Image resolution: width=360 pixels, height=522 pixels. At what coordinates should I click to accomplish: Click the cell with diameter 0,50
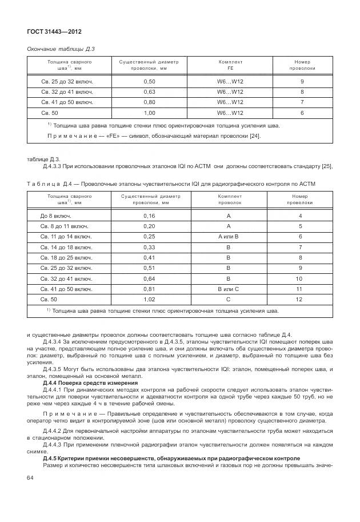tap(150, 82)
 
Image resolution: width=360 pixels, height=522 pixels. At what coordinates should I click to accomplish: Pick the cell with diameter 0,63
tap(150, 91)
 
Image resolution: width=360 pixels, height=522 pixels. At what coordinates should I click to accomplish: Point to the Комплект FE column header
tap(230, 64)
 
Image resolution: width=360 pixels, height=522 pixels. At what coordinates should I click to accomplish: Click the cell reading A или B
tap(229, 237)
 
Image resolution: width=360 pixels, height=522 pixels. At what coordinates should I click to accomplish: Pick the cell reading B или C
tap(229, 289)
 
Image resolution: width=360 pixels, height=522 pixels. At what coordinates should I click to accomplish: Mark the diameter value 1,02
tap(150, 299)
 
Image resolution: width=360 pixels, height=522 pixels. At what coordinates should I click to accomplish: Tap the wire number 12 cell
tap(299, 299)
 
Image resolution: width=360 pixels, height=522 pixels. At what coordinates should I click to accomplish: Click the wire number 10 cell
tap(299, 278)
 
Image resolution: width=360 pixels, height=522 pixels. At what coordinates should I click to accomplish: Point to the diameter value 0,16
tap(150, 216)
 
